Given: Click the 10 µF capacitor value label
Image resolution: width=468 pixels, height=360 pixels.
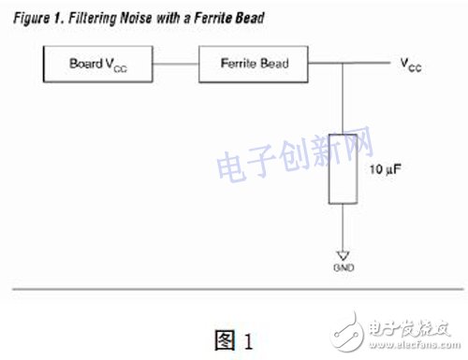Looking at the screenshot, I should tap(386, 171).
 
